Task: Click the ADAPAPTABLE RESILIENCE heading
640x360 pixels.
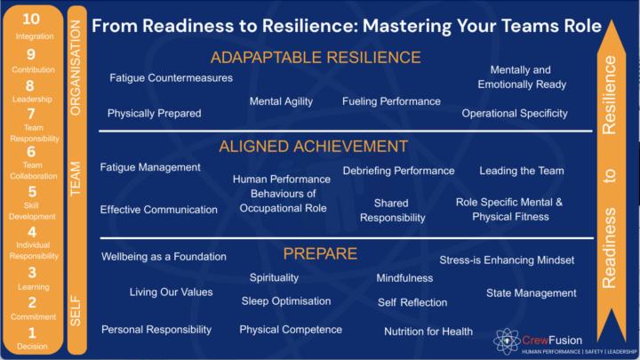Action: [316, 58]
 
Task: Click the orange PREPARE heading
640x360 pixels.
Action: [320, 253]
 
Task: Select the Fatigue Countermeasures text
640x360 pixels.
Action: [171, 78]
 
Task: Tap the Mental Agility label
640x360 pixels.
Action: [281, 101]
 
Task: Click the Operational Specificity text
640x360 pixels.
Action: [515, 113]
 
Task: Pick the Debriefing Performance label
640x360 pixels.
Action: [397, 170]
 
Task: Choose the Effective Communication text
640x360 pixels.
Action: [158, 210]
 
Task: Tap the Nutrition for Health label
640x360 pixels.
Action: [428, 332]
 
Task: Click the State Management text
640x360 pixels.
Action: [532, 292]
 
